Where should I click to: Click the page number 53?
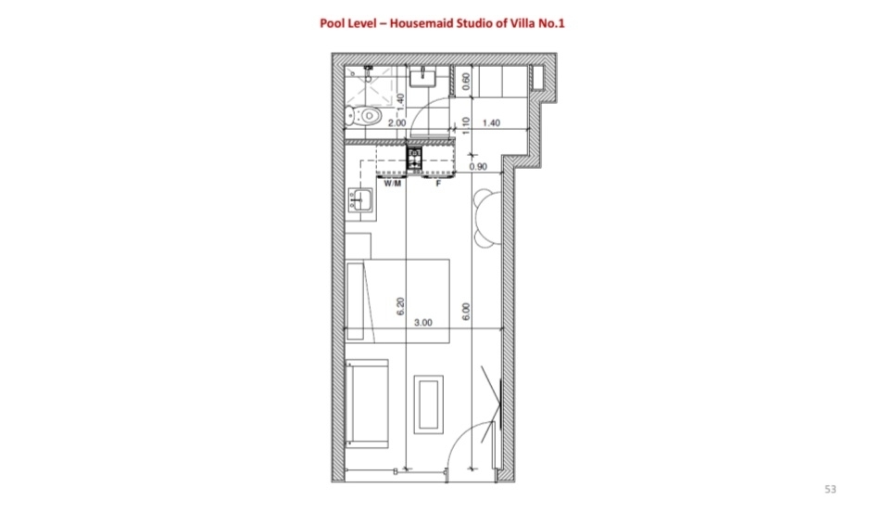click(x=830, y=489)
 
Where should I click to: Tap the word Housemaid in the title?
click(x=421, y=23)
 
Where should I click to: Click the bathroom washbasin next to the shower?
click(x=422, y=77)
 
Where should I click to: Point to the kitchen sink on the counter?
click(x=360, y=199)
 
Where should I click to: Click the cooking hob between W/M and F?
click(x=414, y=159)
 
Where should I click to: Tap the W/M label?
click(x=393, y=184)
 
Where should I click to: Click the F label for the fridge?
click(x=438, y=184)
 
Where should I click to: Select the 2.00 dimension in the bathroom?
click(x=397, y=122)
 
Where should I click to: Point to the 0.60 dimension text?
click(x=466, y=81)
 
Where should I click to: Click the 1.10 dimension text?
click(x=466, y=125)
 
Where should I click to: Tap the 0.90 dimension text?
click(x=478, y=167)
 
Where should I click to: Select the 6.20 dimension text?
click(x=401, y=307)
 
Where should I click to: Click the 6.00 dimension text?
click(x=466, y=312)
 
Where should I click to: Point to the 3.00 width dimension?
click(x=422, y=323)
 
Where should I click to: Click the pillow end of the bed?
click(x=355, y=301)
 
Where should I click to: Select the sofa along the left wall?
click(x=366, y=404)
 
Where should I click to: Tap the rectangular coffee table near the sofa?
click(x=428, y=404)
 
